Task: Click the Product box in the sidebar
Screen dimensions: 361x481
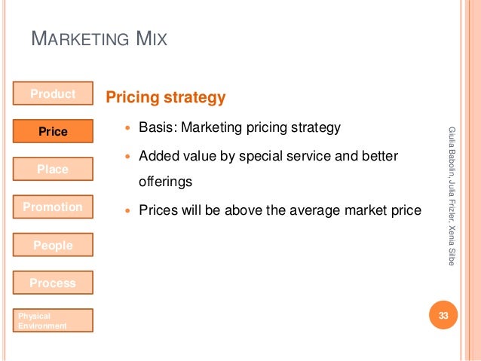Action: click(53, 93)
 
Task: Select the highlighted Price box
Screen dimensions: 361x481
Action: click(53, 132)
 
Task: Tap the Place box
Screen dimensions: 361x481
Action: click(53, 170)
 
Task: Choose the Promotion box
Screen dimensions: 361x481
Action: click(53, 207)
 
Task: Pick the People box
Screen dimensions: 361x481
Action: click(53, 245)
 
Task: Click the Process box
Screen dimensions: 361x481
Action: click(53, 283)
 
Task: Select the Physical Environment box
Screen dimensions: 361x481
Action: click(53, 320)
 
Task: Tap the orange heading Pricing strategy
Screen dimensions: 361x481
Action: click(166, 97)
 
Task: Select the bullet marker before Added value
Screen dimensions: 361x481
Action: click(127, 155)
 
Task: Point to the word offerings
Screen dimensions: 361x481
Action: click(165, 182)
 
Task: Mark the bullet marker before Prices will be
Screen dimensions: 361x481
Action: click(127, 210)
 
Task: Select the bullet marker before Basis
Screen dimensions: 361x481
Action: click(127, 128)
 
